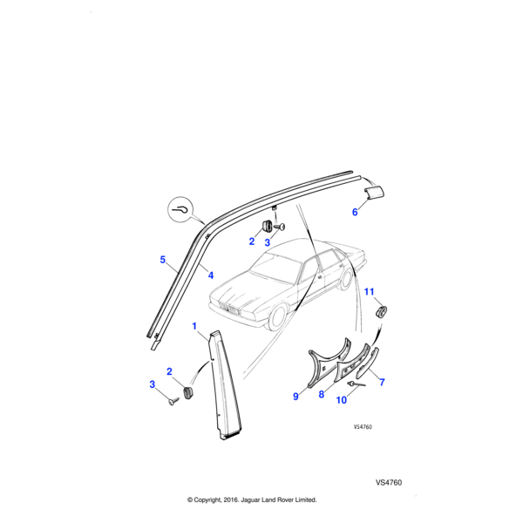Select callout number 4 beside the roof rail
pyautogui.click(x=210, y=274)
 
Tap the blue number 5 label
pyautogui.click(x=161, y=260)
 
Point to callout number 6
pyautogui.click(x=354, y=212)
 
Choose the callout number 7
pyautogui.click(x=381, y=382)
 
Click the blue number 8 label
pyautogui.click(x=321, y=394)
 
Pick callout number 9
pyautogui.click(x=296, y=397)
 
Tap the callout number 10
pyautogui.click(x=341, y=400)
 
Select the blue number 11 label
pyautogui.click(x=369, y=291)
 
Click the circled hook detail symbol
pyautogui.click(x=180, y=210)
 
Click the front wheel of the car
pyautogui.click(x=279, y=318)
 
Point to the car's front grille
pyautogui.click(x=230, y=307)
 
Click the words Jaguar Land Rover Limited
pyautogui.click(x=277, y=500)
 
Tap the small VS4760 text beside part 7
pyautogui.click(x=363, y=428)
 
